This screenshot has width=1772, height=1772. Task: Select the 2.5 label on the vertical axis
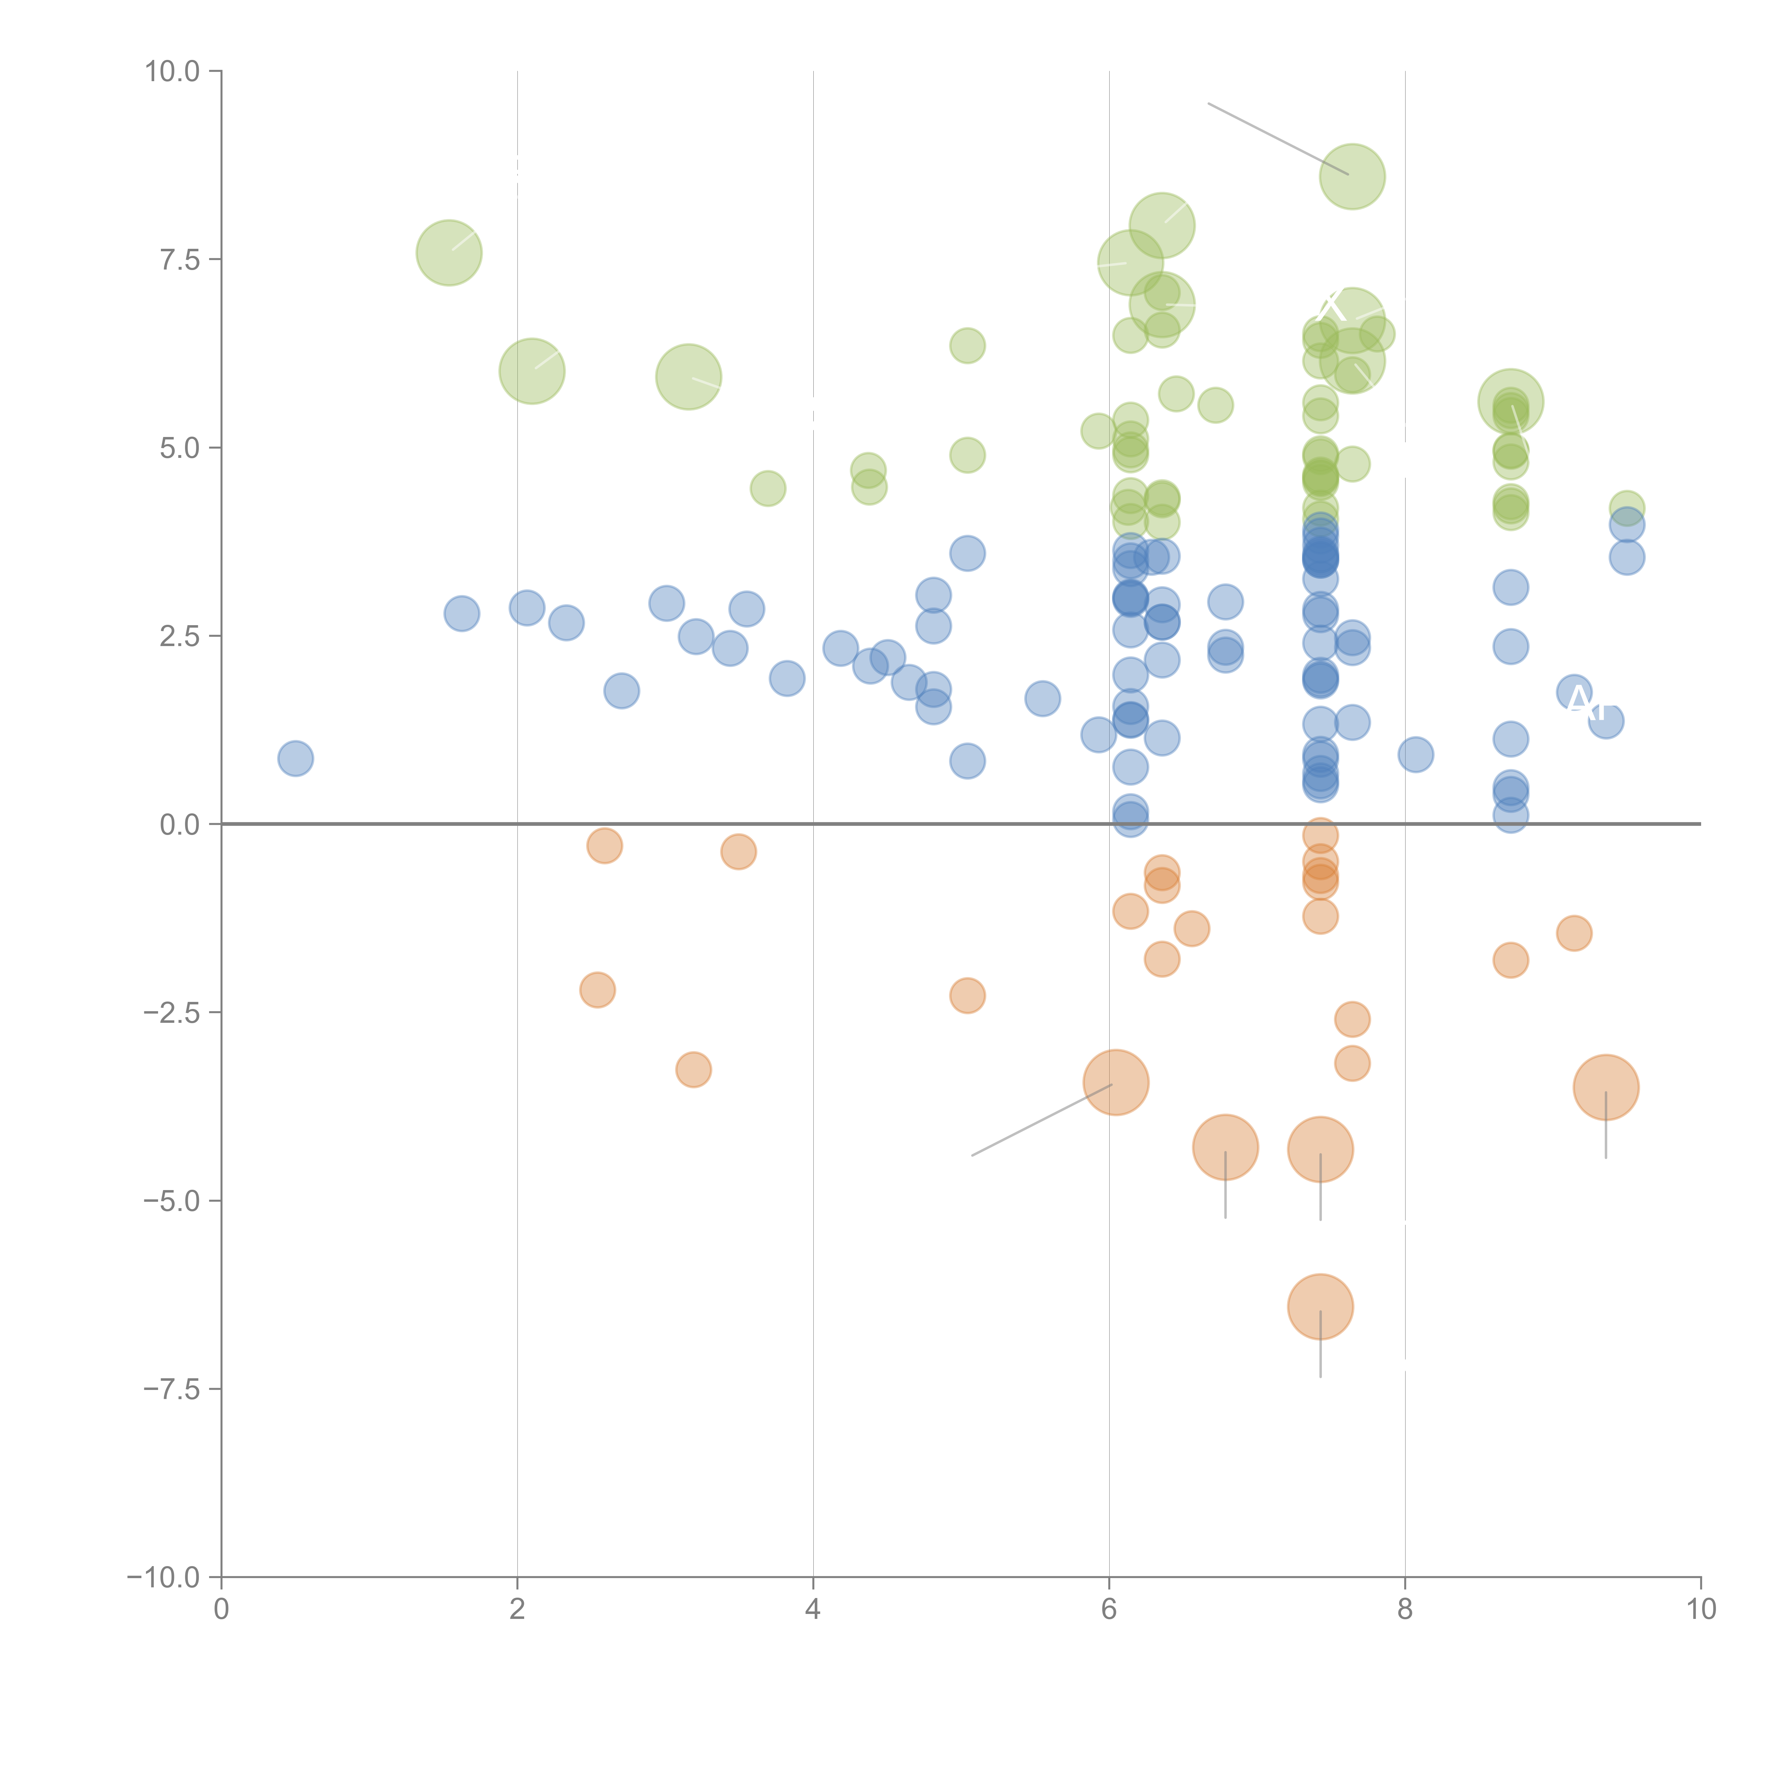coord(180,637)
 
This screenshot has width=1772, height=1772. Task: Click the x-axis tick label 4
coord(813,1610)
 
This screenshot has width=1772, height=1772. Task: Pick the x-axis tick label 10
coord(1700,1610)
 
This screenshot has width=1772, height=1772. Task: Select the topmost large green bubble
coord(1352,176)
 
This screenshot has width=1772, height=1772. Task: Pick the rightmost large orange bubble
coord(1605,1088)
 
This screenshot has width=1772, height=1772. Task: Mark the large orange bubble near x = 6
coord(1115,1082)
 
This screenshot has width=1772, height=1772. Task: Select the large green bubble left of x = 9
coord(1510,402)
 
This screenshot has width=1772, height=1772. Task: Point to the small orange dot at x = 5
coord(967,995)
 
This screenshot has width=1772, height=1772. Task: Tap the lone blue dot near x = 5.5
coord(1042,699)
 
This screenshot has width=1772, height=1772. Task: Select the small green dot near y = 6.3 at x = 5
coord(967,346)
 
